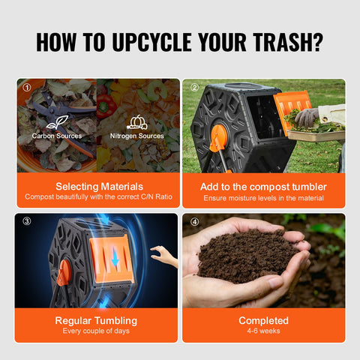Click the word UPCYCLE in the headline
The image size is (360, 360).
[x=152, y=42]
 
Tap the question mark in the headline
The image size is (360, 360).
[x=317, y=42]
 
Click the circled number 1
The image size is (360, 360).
[x=27, y=87]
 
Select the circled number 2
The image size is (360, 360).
[x=195, y=87]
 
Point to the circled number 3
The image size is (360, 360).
[x=27, y=221]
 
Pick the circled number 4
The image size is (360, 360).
[x=195, y=221]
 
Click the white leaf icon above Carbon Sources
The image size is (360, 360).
[x=57, y=122]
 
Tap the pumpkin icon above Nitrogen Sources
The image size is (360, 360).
[x=137, y=122]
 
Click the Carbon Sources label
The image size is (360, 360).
[x=57, y=136]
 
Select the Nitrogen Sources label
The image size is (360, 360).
[x=137, y=136]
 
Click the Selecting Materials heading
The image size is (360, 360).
[x=99, y=187]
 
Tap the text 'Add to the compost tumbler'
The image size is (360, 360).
[x=263, y=187]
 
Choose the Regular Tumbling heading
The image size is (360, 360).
[x=96, y=321]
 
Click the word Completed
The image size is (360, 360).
[x=263, y=321]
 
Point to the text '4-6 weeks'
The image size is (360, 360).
[x=263, y=331]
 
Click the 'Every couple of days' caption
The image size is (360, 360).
[x=96, y=331]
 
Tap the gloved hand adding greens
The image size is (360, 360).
[x=307, y=118]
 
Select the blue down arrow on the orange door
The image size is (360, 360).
[x=115, y=256]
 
